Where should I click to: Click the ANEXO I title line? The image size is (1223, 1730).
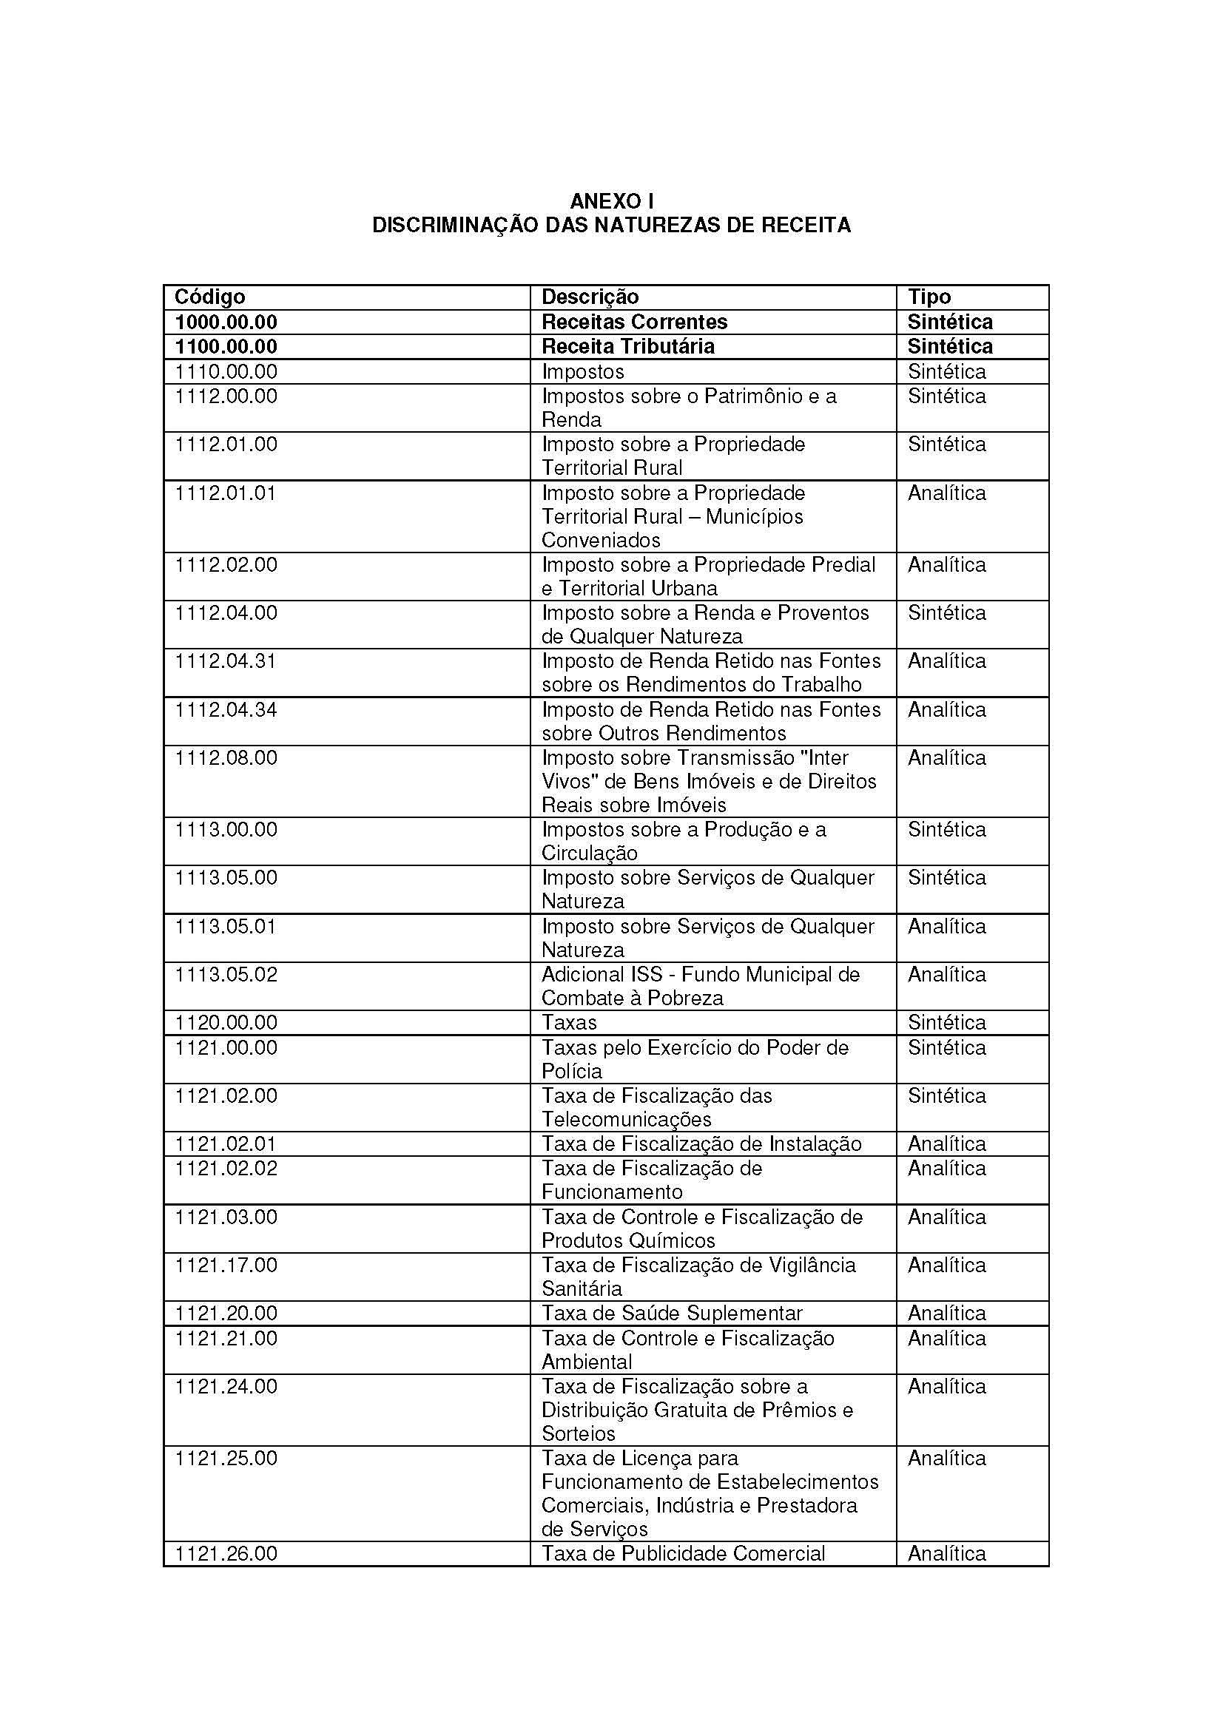pyautogui.click(x=611, y=201)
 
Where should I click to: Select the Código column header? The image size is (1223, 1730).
pyautogui.click(x=210, y=297)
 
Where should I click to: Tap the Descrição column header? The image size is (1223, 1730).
pyautogui.click(x=590, y=297)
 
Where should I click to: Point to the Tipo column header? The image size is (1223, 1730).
pyautogui.click(x=929, y=297)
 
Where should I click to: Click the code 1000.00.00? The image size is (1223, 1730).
pyautogui.click(x=226, y=322)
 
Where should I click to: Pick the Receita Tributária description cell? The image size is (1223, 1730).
pyautogui.click(x=627, y=347)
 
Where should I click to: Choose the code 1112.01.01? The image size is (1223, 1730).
pyautogui.click(x=226, y=493)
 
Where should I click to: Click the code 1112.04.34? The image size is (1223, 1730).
pyautogui.click(x=226, y=710)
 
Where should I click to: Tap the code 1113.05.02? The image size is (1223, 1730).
pyautogui.click(x=226, y=975)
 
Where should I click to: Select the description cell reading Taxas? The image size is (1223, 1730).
pyautogui.click(x=569, y=1023)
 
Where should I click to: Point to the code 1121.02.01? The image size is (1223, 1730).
pyautogui.click(x=226, y=1143)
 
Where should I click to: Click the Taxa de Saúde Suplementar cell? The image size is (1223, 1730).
pyautogui.click(x=672, y=1314)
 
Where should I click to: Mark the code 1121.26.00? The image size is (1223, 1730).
pyautogui.click(x=226, y=1554)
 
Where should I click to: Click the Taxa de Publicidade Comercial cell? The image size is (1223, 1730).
pyautogui.click(x=684, y=1554)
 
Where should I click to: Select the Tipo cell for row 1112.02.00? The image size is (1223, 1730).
pyautogui.click(x=946, y=565)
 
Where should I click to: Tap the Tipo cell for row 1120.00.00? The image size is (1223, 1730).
pyautogui.click(x=946, y=1023)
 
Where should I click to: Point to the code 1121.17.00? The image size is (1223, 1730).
pyautogui.click(x=226, y=1265)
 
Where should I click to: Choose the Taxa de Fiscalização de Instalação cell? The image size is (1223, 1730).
pyautogui.click(x=701, y=1143)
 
